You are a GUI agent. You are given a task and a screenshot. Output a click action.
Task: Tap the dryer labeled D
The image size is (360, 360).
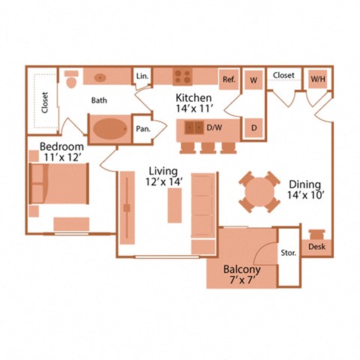click(253, 127)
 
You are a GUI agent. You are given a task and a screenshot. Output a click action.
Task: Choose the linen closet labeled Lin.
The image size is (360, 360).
click(141, 76)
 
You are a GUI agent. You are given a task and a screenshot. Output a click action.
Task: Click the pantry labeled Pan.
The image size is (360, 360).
click(142, 128)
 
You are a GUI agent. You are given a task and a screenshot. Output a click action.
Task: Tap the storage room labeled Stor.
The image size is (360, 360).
click(289, 253)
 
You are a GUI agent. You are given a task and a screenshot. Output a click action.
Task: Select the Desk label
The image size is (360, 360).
click(316, 246)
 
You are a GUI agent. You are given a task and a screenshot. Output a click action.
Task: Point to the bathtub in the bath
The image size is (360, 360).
click(109, 129)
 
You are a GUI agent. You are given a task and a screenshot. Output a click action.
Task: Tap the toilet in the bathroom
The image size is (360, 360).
click(72, 78)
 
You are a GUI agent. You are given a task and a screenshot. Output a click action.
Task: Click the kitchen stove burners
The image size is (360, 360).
click(183, 76)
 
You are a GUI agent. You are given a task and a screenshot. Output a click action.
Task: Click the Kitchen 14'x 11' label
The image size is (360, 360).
click(193, 103)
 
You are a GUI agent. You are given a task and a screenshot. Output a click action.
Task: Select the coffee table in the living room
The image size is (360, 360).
click(174, 205)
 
